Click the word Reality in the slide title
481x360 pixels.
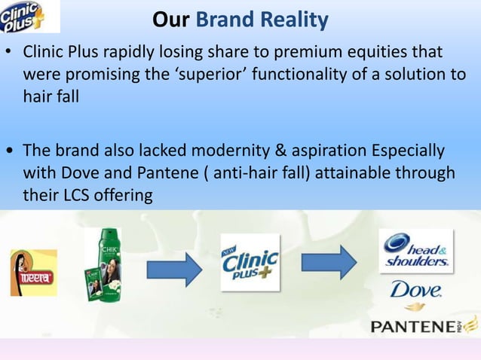coord(293,18)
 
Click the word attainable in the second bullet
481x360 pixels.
coord(349,173)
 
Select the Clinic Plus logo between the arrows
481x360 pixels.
coord(250,262)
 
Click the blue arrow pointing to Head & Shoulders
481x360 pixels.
coord(329,261)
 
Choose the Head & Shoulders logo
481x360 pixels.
coord(416,252)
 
